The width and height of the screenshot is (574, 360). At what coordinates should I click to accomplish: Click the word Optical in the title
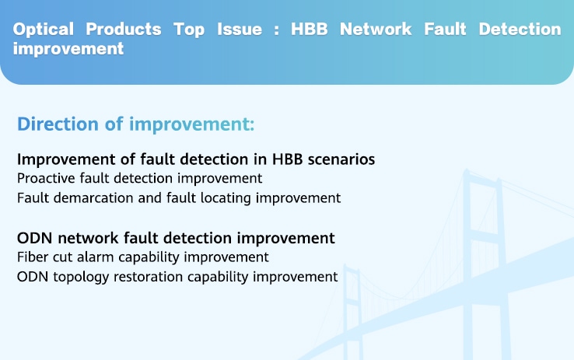[x=44, y=30]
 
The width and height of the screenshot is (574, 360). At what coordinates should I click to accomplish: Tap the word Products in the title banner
[x=124, y=30]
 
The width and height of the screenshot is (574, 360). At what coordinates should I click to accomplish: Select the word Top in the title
[x=189, y=30]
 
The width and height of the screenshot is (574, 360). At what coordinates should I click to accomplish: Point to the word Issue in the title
[x=240, y=30]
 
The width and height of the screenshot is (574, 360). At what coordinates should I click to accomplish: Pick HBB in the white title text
[x=310, y=30]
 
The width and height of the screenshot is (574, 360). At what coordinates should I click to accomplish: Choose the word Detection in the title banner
[x=520, y=30]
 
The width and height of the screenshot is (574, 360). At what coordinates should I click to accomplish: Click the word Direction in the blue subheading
[x=58, y=124]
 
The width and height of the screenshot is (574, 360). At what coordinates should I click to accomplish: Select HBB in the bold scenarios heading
[x=287, y=159]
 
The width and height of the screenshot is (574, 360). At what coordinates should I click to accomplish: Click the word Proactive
[x=46, y=179]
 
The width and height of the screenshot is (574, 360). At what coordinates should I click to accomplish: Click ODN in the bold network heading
[x=34, y=238]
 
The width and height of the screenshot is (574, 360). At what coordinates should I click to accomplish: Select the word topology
[x=81, y=277]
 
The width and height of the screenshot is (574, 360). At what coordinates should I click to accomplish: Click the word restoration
[x=149, y=277]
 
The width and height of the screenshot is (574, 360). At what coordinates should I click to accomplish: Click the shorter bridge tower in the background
[x=352, y=311]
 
